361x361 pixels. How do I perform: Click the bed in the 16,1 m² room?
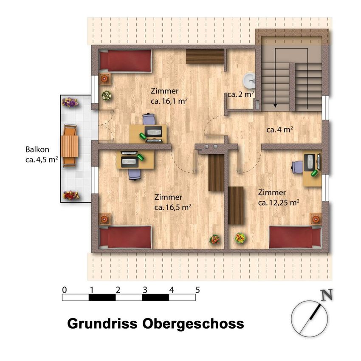[125, 61]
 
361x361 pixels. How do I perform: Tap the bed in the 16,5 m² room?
[125, 237]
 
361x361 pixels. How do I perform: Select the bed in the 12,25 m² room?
[295, 237]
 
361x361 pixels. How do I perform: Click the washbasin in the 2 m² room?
[249, 81]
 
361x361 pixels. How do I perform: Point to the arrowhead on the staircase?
[275, 106]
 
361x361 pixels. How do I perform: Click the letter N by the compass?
[327, 295]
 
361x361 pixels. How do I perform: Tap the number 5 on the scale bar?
[197, 290]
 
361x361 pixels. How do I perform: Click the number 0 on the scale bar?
[65, 290]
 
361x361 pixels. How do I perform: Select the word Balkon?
[37, 149]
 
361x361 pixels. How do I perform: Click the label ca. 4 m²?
[280, 130]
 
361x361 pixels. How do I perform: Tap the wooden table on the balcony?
[70, 146]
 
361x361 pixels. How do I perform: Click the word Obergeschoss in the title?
[193, 324]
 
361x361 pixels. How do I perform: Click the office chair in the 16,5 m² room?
[135, 174]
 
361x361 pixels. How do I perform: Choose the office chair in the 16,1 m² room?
[149, 119]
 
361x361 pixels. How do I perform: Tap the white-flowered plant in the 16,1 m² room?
[107, 96]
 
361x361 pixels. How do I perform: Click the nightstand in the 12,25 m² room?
[316, 219]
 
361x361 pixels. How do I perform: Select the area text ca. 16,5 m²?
[173, 207]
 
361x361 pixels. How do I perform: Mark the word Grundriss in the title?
[102, 324]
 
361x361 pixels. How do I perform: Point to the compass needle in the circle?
[310, 319]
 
